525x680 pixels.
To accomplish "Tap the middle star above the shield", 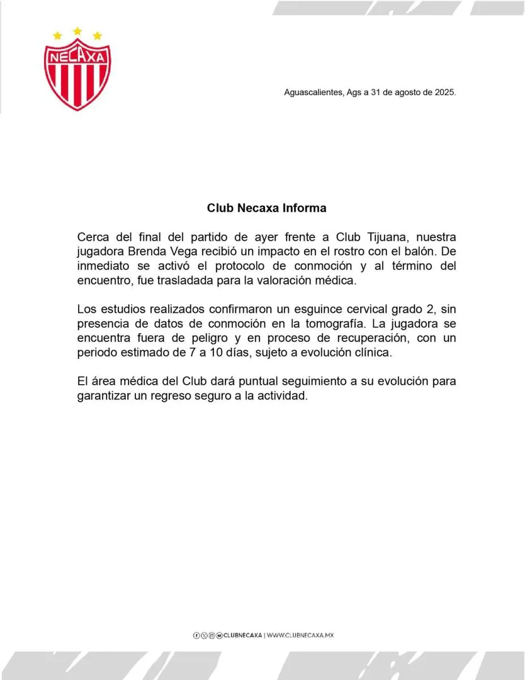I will click(78, 29).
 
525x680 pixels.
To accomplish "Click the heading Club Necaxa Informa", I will click(266, 208).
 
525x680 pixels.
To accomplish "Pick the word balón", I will click(415, 251).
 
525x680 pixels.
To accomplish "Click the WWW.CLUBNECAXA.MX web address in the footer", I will click(300, 635).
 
